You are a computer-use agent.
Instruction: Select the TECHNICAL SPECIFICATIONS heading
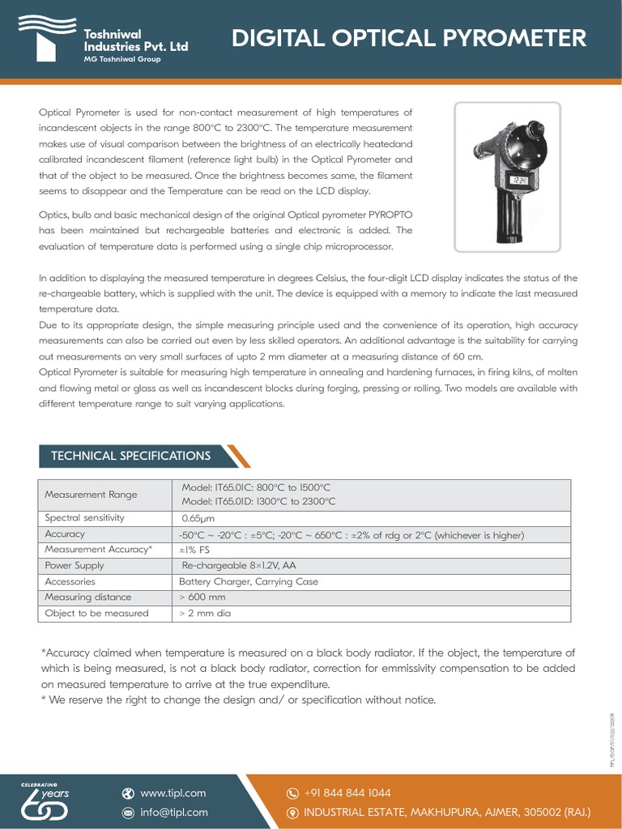coord(131,456)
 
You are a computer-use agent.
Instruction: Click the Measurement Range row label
coord(91,495)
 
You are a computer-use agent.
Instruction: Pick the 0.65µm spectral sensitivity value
coord(198,518)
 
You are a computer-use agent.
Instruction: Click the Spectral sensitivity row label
coord(85,518)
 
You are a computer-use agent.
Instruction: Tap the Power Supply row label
coord(75,566)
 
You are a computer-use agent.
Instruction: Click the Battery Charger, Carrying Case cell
coord(249,581)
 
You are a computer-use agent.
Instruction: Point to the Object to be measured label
coord(96,614)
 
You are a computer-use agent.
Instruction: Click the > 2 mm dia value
coord(205,614)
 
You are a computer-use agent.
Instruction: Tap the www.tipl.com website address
coord(173,793)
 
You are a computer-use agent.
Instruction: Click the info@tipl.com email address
coord(174,812)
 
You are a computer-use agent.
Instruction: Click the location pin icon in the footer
coord(293,812)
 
